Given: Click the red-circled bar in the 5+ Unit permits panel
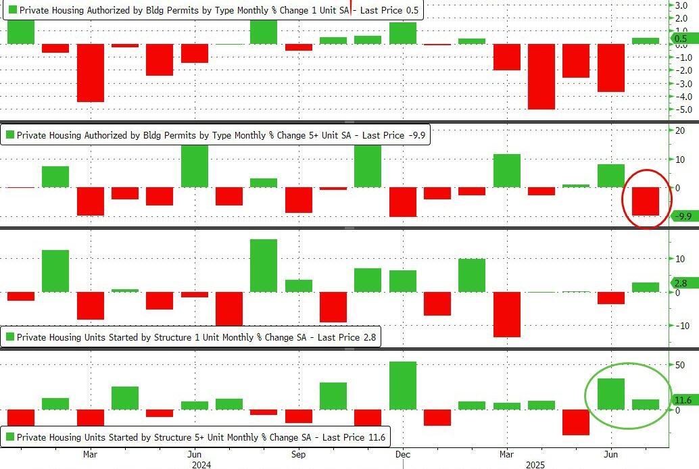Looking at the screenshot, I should tap(645, 201).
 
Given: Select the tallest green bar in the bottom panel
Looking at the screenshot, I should tap(402, 385).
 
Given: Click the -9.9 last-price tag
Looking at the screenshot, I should tap(683, 216).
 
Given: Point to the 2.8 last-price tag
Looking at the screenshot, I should tap(680, 283).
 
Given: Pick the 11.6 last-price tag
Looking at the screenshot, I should tap(683, 400).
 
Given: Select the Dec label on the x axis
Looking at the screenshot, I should tap(402, 454).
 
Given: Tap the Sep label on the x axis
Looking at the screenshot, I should tap(298, 454).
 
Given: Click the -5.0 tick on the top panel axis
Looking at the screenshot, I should tap(679, 109).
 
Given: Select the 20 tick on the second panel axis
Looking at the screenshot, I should tap(679, 130).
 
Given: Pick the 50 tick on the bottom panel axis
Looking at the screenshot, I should tap(679, 365).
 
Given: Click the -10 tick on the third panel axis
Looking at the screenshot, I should tap(679, 325).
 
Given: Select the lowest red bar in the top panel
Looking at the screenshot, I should tap(541, 76).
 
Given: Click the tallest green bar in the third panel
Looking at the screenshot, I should tap(264, 266).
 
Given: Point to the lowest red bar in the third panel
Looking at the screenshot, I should tap(506, 314).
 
